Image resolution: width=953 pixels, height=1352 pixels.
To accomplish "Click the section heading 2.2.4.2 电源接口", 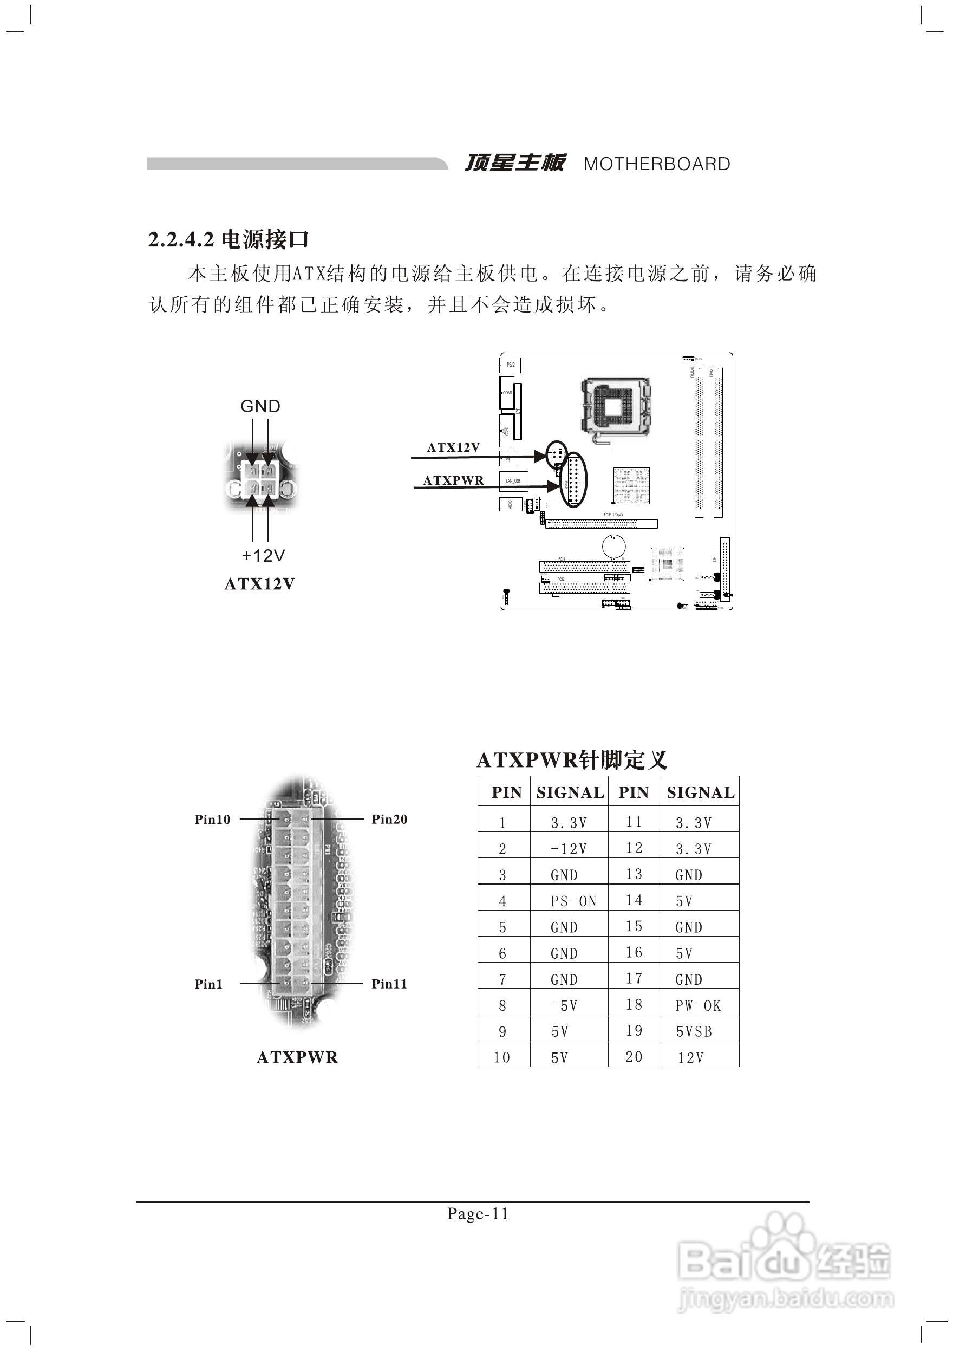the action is click(x=229, y=239).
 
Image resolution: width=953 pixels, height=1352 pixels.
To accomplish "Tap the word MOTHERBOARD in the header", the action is click(x=656, y=164).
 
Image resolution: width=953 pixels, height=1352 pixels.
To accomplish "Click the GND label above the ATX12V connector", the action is click(x=260, y=406).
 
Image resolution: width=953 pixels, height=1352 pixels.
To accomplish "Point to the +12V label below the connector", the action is click(x=263, y=555).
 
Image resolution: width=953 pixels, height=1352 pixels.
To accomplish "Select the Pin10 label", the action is click(x=212, y=819).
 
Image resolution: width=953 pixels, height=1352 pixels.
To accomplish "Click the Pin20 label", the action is click(x=389, y=819).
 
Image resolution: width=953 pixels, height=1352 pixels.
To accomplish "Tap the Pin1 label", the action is click(x=208, y=984).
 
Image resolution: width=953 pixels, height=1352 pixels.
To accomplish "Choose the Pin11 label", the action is click(x=389, y=984).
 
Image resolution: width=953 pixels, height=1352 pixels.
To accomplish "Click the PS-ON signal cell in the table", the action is click(x=573, y=901).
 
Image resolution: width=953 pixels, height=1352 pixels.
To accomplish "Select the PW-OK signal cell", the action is click(x=697, y=1006).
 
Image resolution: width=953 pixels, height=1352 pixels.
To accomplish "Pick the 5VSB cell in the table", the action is click(x=694, y=1032).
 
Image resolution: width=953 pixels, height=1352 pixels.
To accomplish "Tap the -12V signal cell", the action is click(x=569, y=849).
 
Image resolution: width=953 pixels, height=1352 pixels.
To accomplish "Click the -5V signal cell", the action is click(x=564, y=1006).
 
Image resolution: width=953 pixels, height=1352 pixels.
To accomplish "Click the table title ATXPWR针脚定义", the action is click(x=572, y=760).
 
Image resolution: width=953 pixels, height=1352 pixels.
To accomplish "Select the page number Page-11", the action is click(x=478, y=1214).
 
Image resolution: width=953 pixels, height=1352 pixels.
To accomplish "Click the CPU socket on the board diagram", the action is click(x=616, y=406).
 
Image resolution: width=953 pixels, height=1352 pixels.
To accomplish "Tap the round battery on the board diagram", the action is click(x=613, y=546).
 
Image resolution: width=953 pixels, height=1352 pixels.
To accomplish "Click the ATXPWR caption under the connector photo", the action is click(x=297, y=1057).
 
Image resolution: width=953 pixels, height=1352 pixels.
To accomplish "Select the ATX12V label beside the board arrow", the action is click(x=453, y=447).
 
